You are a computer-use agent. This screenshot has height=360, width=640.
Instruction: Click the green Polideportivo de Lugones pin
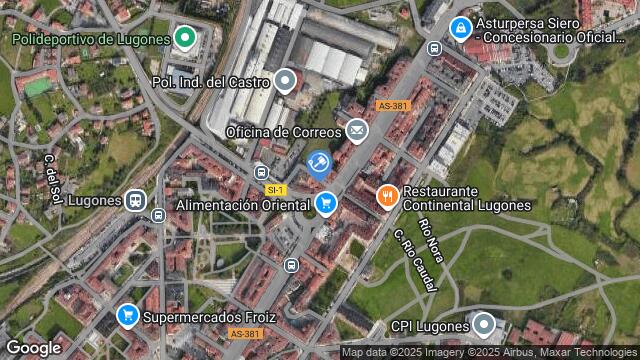point(184,39)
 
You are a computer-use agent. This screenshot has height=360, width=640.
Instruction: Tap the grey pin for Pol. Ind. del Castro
point(286,80)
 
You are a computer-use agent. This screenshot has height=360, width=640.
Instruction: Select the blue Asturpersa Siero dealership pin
point(460,29)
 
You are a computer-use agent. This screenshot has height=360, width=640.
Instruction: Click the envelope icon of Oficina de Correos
point(357,131)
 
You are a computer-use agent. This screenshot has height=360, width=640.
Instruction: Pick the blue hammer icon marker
point(319,163)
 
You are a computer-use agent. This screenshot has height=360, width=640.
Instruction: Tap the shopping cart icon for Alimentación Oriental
point(325,205)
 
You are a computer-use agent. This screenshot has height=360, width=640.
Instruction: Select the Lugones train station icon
point(136,200)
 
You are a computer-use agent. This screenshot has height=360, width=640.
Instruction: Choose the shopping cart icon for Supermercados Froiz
point(127,316)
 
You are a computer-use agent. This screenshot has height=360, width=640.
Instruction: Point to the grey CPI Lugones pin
point(484,324)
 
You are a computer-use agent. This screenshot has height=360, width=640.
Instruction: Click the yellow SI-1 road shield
point(276,189)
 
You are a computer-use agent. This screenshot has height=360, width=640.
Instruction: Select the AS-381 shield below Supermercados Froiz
point(244,334)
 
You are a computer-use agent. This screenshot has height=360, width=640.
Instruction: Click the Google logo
point(33,347)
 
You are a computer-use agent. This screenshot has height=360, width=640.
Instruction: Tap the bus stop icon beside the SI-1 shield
point(261,171)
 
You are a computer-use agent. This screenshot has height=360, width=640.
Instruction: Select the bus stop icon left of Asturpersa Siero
point(433,48)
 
